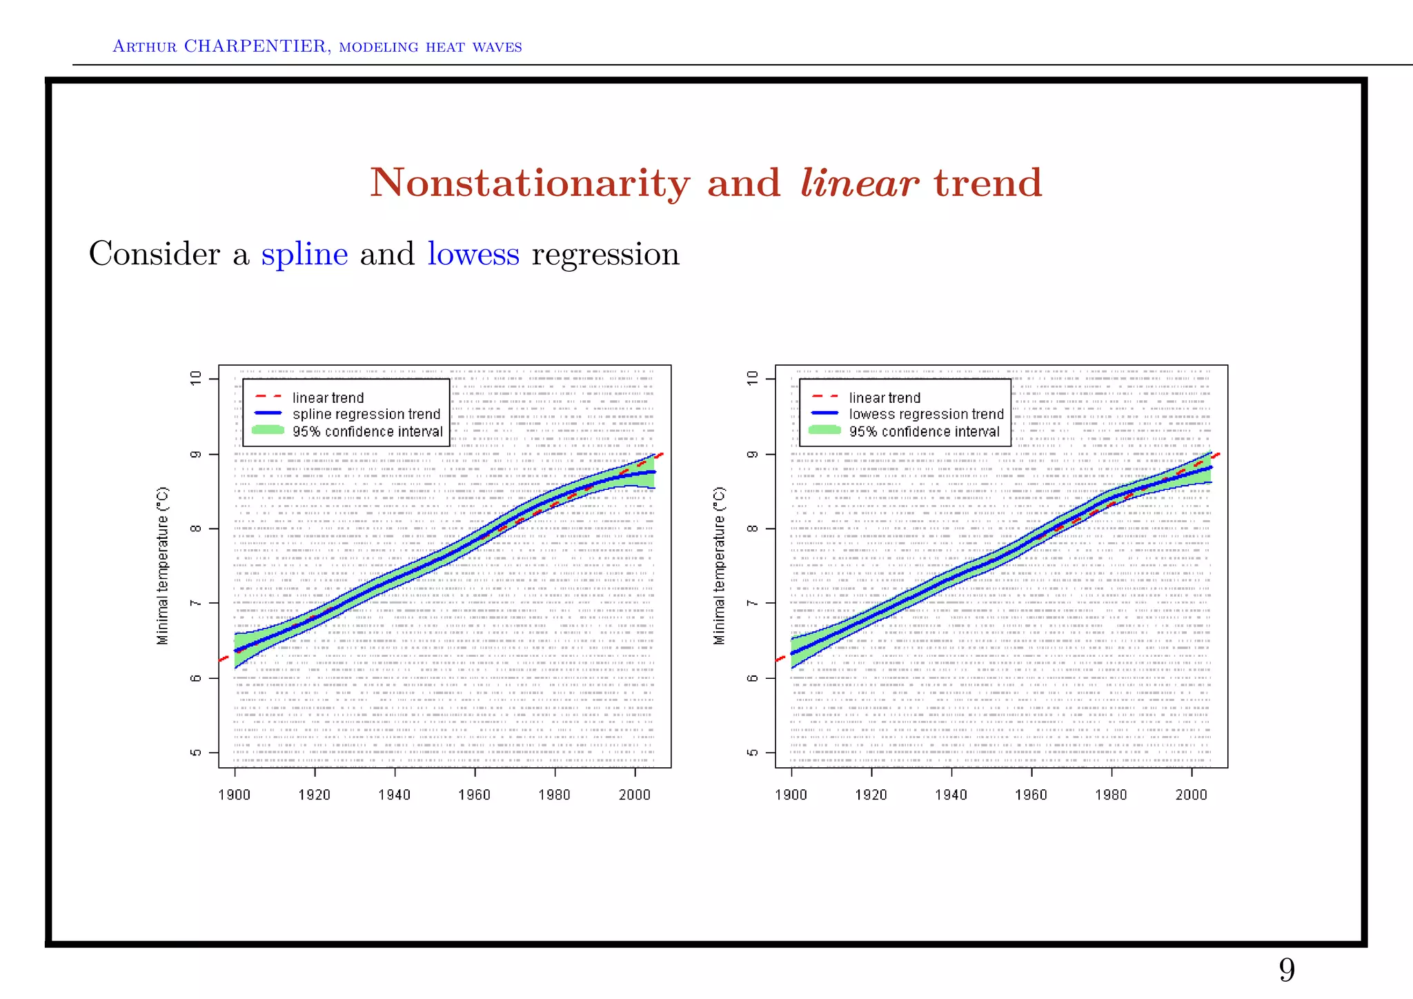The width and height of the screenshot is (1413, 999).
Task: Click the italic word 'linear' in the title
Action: pyautogui.click(x=859, y=184)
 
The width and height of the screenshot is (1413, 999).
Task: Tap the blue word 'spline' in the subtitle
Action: pyautogui.click(x=304, y=255)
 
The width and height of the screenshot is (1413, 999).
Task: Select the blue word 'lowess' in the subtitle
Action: pyautogui.click(x=473, y=254)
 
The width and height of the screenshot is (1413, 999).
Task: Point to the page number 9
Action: pyautogui.click(x=1287, y=970)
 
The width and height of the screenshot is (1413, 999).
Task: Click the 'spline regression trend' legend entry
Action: pyautogui.click(x=366, y=414)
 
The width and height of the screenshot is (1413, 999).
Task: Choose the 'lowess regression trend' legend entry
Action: pyautogui.click(x=926, y=414)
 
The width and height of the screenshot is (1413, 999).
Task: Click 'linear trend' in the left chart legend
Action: pyautogui.click(x=328, y=397)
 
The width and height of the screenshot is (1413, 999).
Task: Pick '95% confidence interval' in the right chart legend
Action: pyautogui.click(x=924, y=432)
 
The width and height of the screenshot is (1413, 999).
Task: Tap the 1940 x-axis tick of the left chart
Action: pyautogui.click(x=394, y=795)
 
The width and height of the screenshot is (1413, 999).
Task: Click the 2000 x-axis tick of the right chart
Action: pyautogui.click(x=1192, y=795)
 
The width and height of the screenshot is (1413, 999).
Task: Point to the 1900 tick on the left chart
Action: pyautogui.click(x=235, y=795)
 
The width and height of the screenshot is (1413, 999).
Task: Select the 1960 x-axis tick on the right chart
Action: pyautogui.click(x=1031, y=795)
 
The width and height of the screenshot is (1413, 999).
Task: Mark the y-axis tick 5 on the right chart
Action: pyautogui.click(x=753, y=753)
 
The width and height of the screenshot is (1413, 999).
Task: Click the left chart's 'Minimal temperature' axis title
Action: pyautogui.click(x=163, y=566)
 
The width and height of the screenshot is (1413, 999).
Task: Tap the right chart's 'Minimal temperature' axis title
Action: pyautogui.click(x=719, y=566)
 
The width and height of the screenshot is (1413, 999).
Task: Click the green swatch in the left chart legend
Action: pyautogui.click(x=268, y=431)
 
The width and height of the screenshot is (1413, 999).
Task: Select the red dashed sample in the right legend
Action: pyautogui.click(x=825, y=397)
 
